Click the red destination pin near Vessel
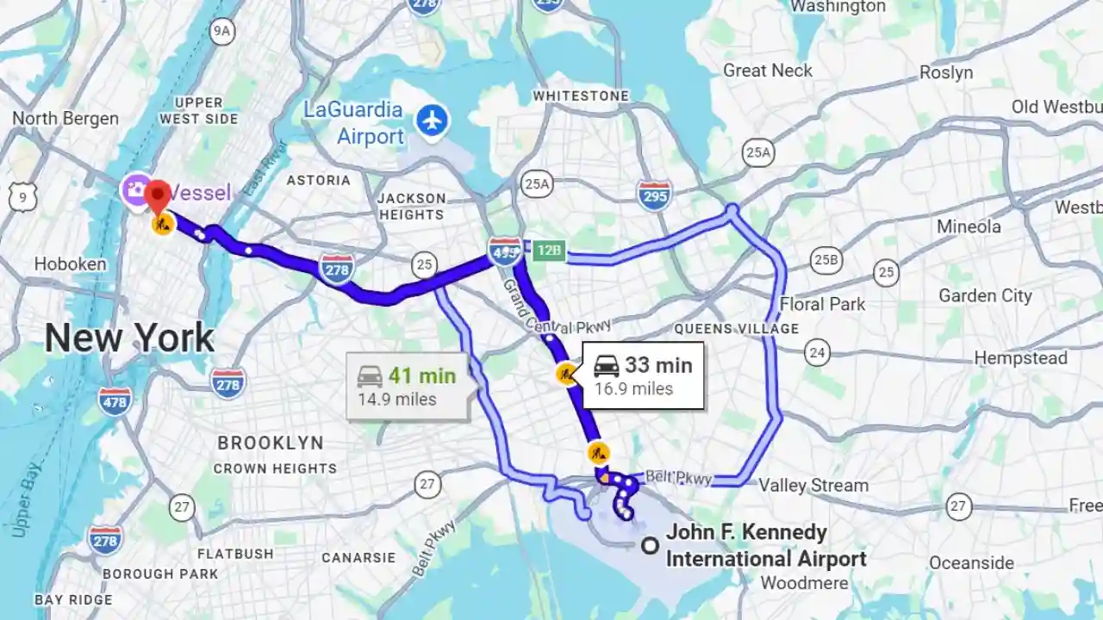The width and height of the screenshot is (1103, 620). (157, 195)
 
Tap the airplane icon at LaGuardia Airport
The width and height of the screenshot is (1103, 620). (433, 120)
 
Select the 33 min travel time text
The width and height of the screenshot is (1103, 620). (658, 365)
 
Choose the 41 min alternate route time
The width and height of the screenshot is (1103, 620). (421, 375)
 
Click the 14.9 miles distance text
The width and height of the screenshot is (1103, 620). (397, 400)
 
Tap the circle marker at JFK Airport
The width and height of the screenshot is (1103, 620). (651, 545)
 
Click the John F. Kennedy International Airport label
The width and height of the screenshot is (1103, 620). (765, 546)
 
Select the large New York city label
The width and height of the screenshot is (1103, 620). (129, 338)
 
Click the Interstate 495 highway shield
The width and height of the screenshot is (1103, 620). (504, 251)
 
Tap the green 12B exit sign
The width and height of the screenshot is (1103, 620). (547, 251)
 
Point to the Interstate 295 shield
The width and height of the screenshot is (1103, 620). (655, 195)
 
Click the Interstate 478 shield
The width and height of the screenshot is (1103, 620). (115, 400)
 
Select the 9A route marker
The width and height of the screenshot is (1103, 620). (222, 32)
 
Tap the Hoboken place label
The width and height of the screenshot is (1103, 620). (71, 264)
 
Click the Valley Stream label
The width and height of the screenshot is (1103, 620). (813, 486)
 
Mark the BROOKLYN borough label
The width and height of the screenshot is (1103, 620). (271, 443)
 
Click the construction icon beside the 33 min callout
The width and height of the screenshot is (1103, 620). (565, 375)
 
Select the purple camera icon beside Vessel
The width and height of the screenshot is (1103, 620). (135, 189)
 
